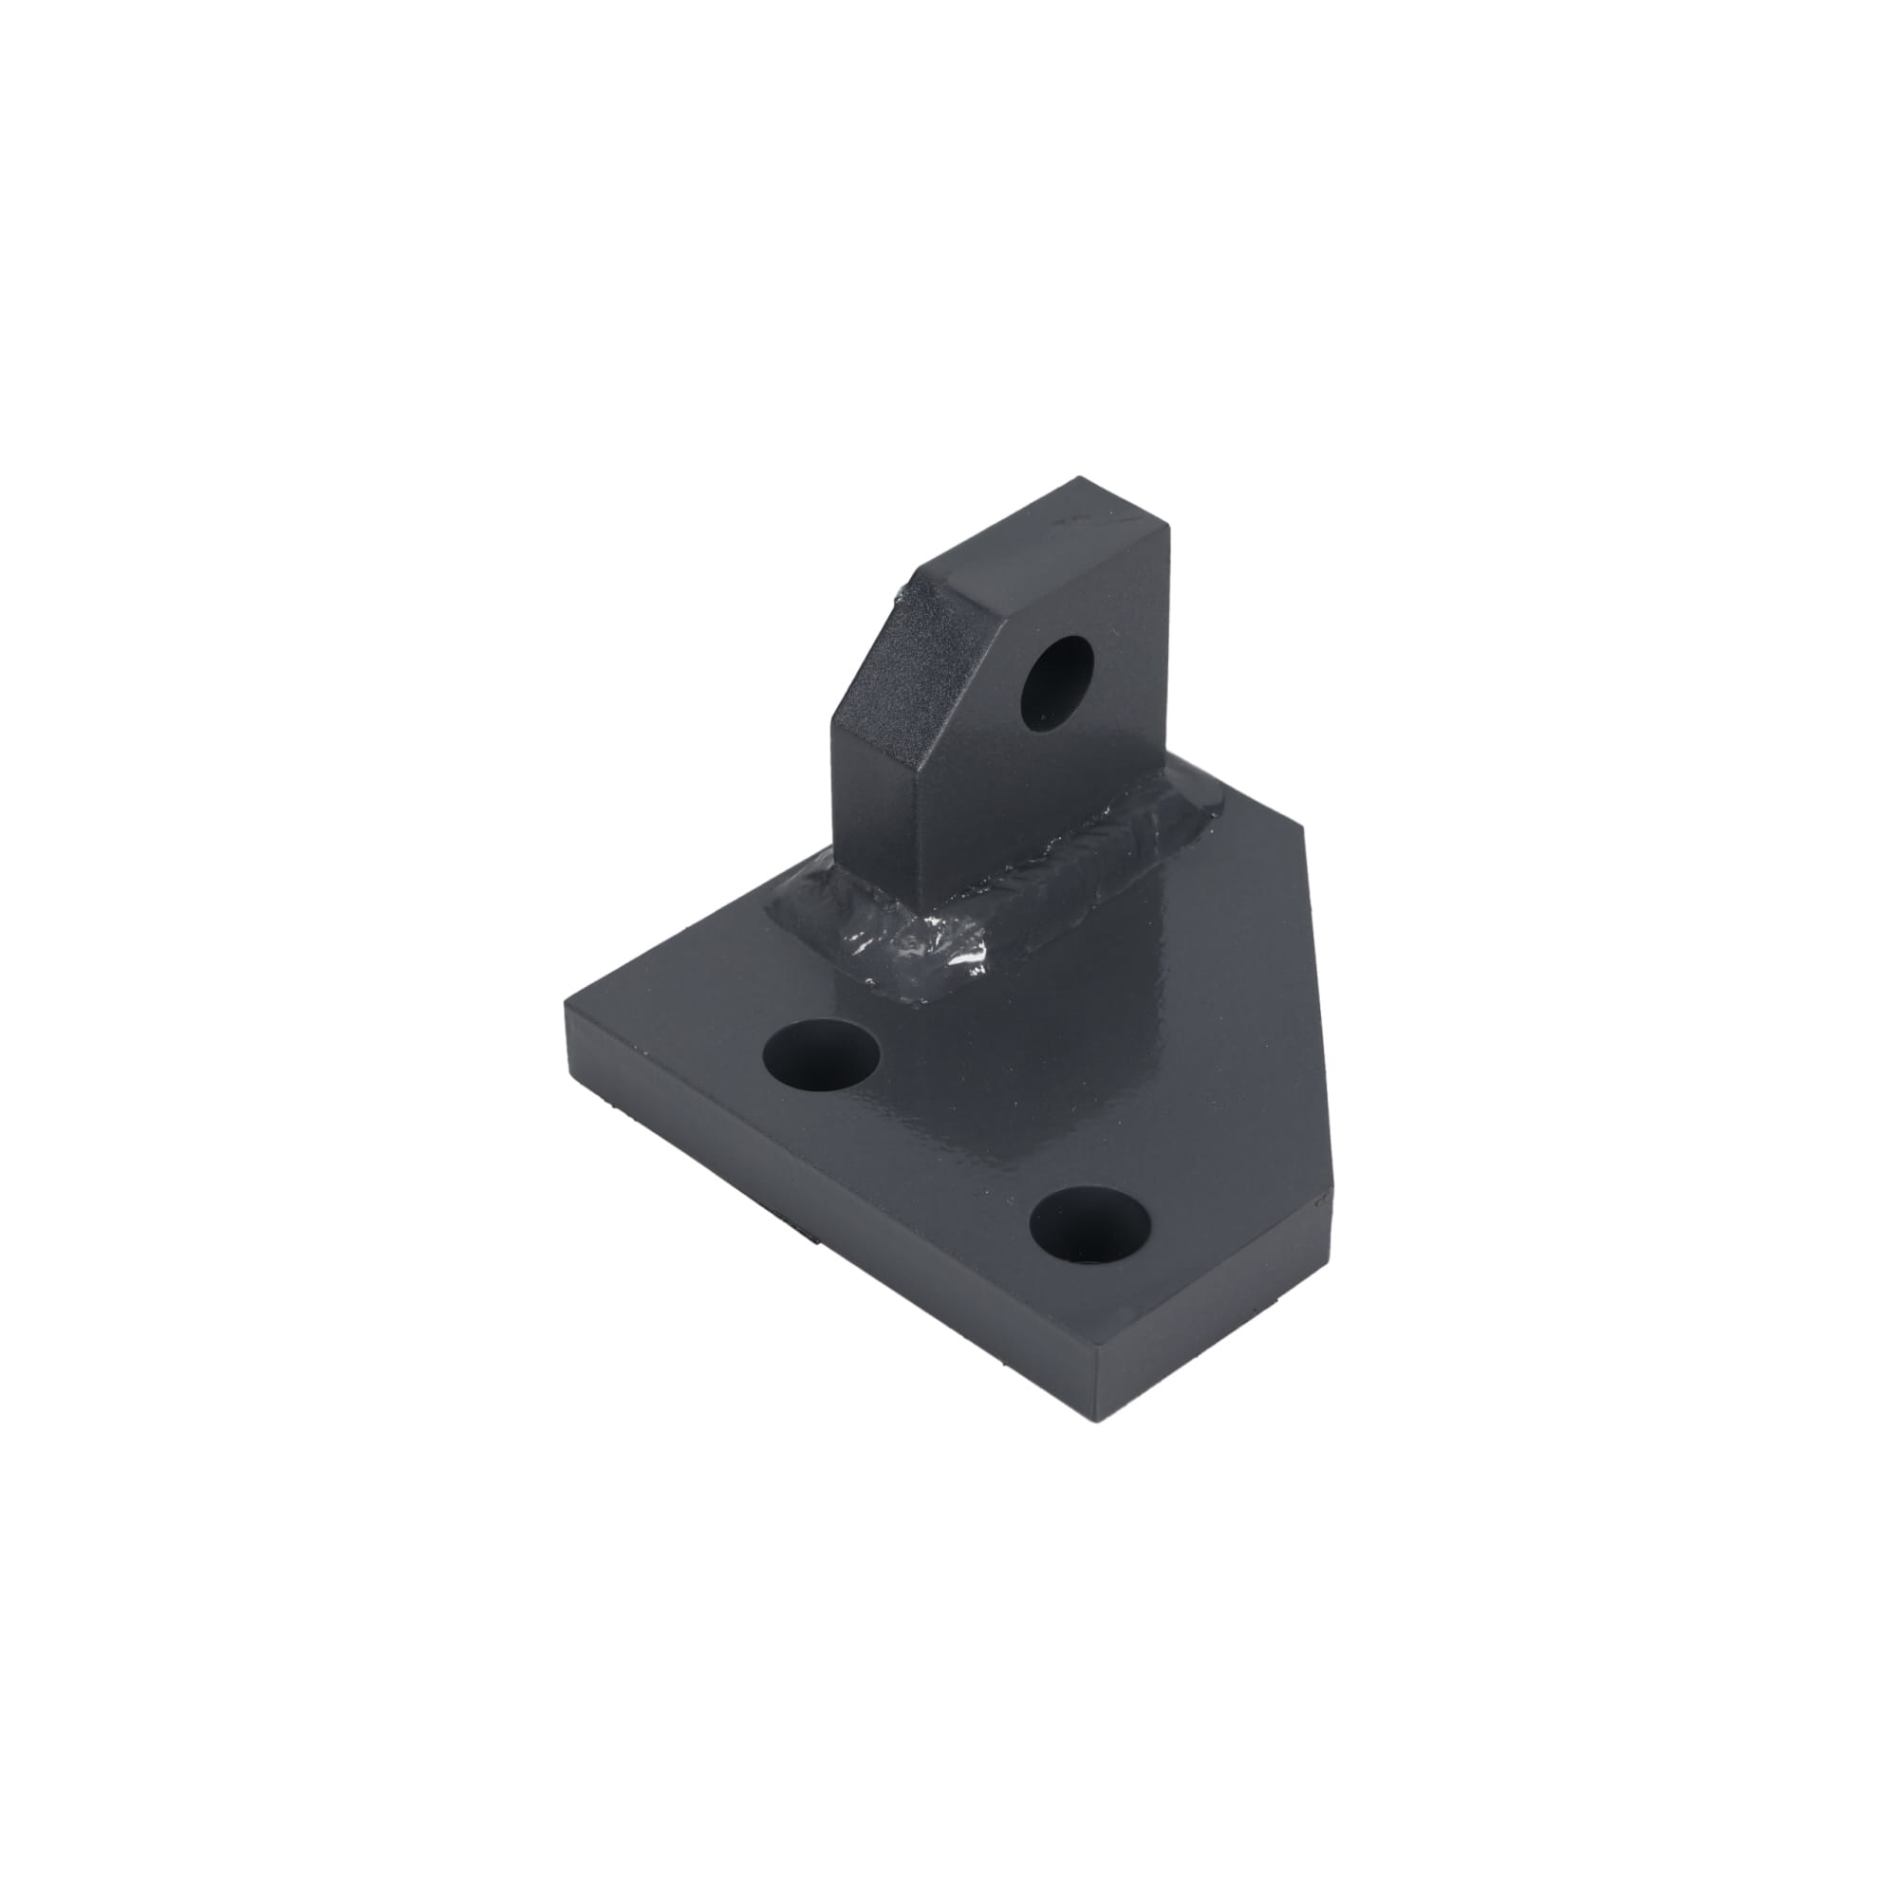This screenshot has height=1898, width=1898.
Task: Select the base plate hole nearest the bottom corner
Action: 1090,1224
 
